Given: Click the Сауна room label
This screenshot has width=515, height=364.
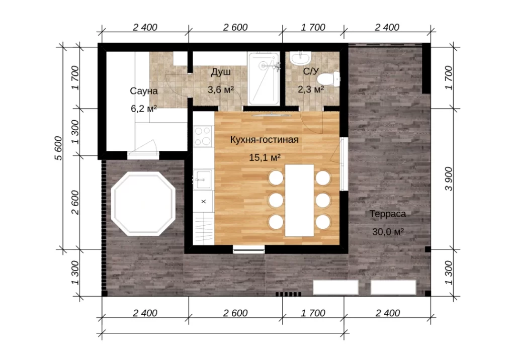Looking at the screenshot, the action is click(x=144, y=91).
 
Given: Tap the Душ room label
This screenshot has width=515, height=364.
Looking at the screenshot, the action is click(x=221, y=72).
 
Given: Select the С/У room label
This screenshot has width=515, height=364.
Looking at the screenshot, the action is click(x=311, y=71).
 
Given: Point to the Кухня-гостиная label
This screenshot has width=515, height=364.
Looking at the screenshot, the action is click(x=265, y=140).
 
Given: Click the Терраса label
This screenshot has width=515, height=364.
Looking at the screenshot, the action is click(x=388, y=214).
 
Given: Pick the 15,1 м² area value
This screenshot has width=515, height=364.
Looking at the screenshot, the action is click(x=265, y=157).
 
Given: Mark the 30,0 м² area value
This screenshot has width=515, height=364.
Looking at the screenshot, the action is click(x=388, y=232).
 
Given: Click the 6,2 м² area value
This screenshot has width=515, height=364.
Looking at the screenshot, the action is click(x=144, y=108).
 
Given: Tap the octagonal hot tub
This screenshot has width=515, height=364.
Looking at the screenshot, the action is click(x=143, y=204).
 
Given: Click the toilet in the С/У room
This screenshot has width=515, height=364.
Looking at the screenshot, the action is click(x=328, y=79).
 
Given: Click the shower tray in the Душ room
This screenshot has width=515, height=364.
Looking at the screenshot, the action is click(x=264, y=78).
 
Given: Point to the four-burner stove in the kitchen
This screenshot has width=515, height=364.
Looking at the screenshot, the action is click(x=203, y=136).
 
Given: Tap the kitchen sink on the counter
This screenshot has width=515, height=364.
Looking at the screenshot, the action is click(x=203, y=179).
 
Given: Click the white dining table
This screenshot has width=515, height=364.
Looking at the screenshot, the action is click(x=299, y=200).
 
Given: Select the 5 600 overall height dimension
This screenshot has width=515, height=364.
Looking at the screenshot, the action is click(x=58, y=148).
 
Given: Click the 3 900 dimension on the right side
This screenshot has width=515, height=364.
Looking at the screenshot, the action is click(x=449, y=179).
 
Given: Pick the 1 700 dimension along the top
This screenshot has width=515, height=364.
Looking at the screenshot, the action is click(x=313, y=27).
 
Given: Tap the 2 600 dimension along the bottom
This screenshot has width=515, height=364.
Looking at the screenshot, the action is click(x=235, y=313).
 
